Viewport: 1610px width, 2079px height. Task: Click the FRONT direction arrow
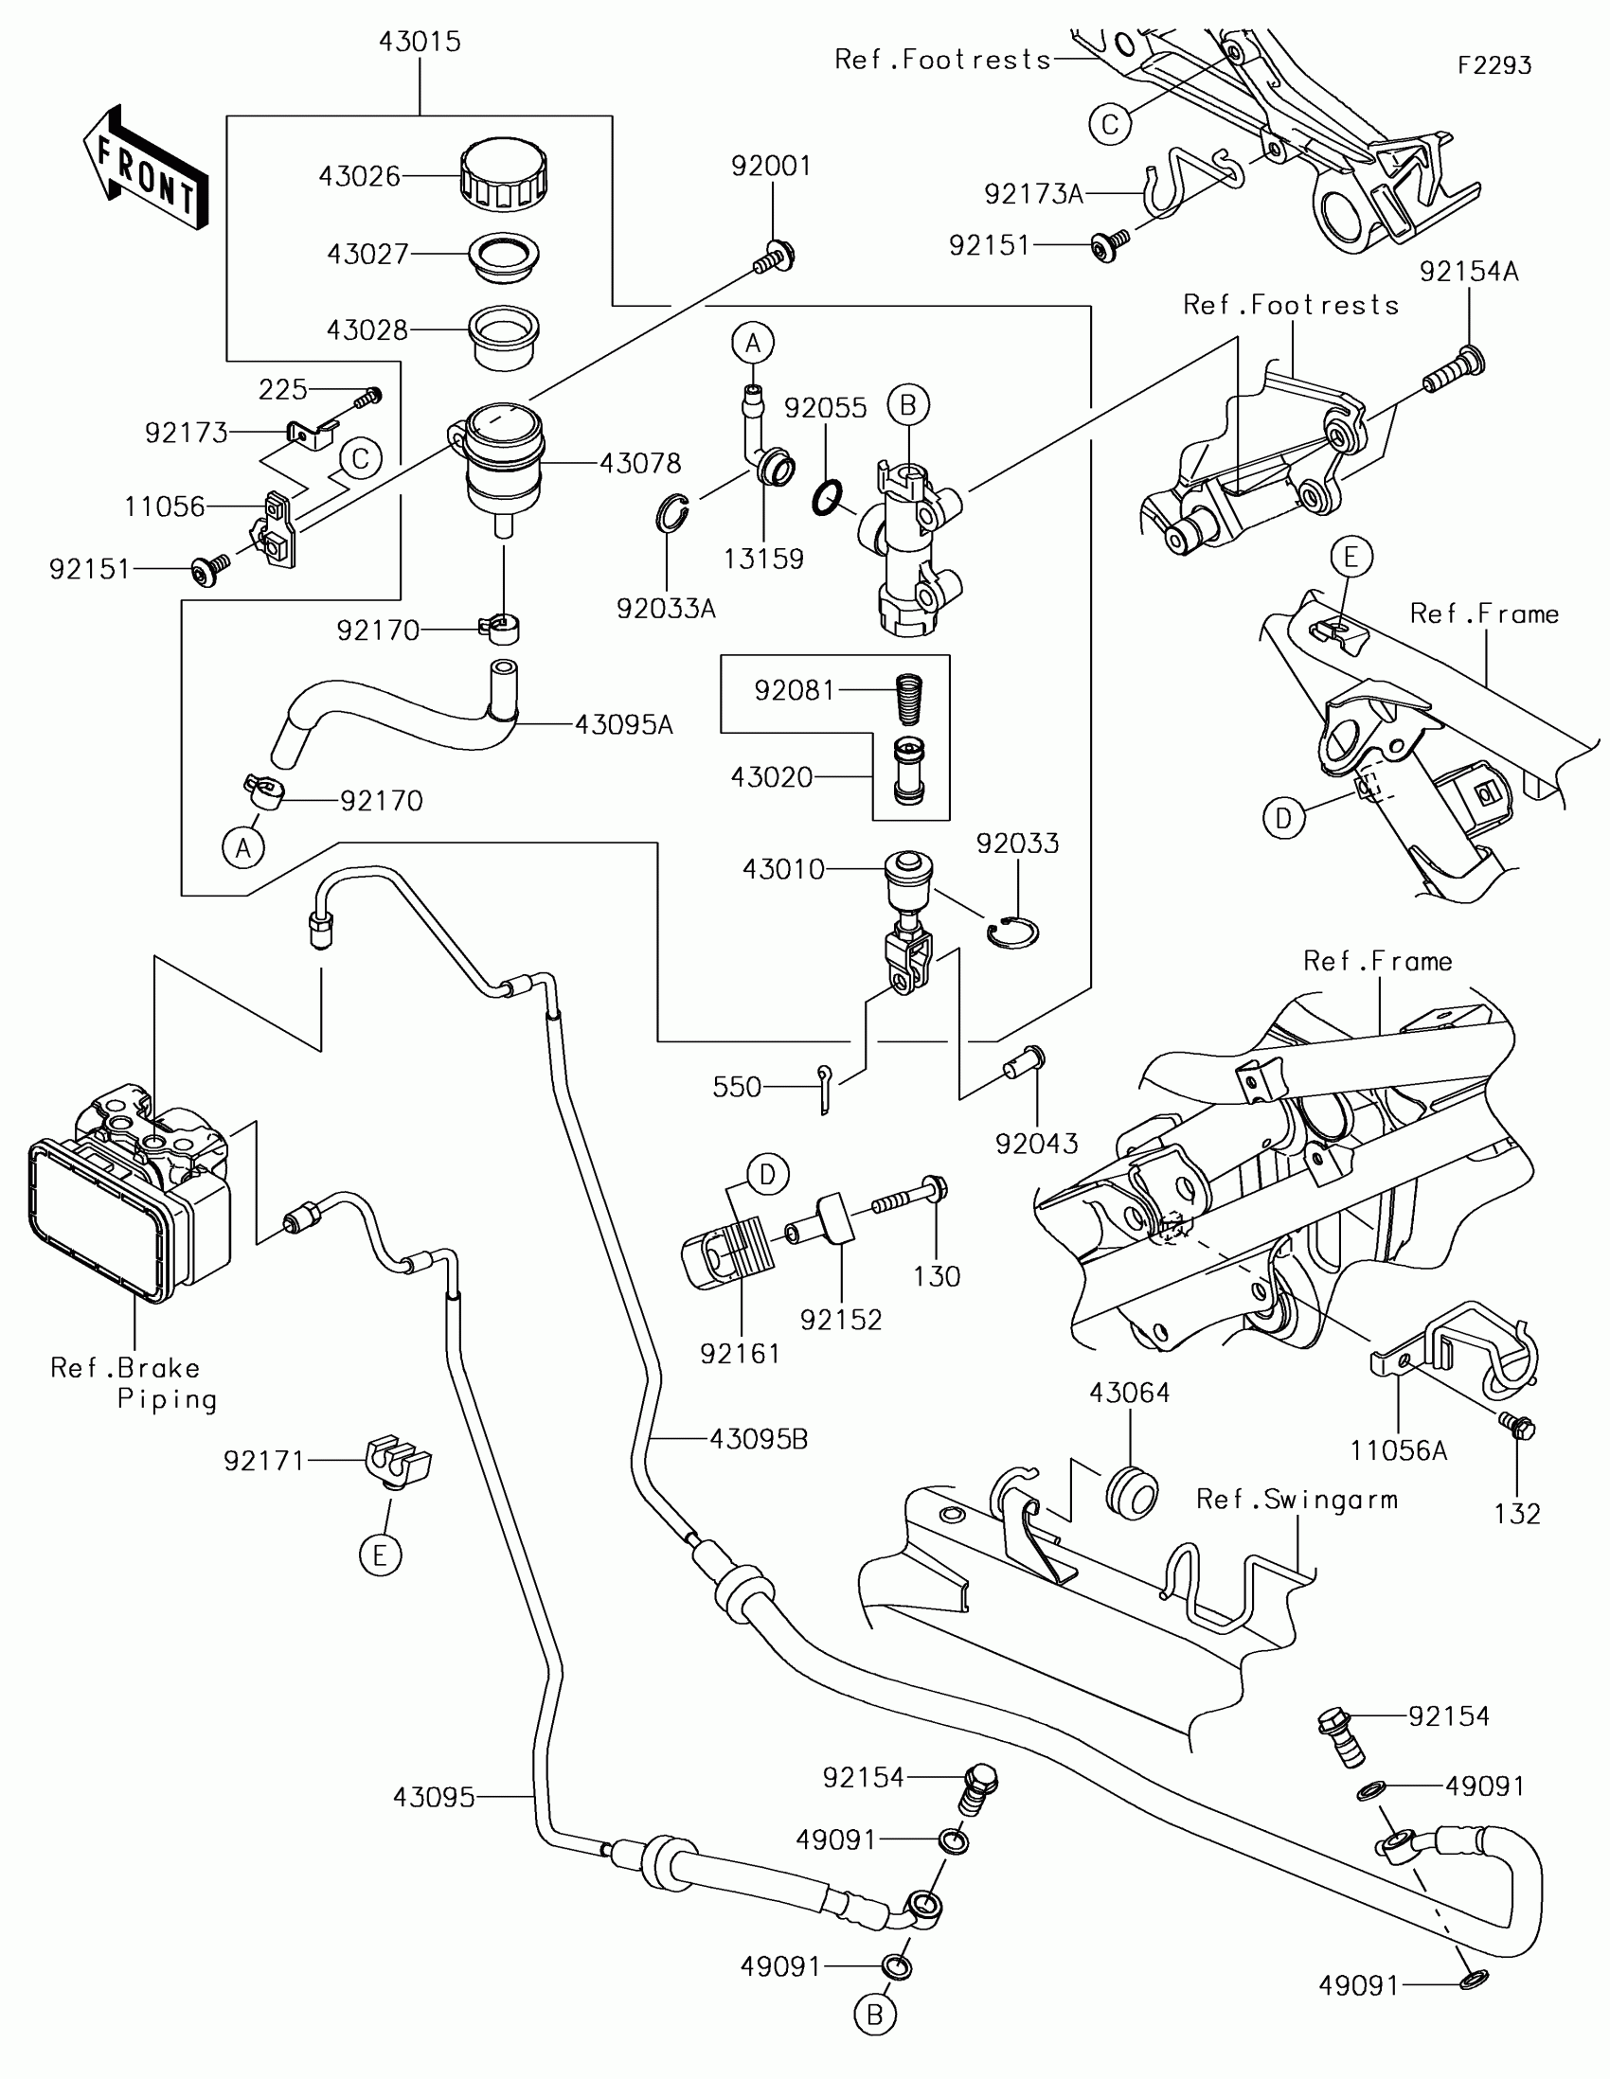pyautogui.click(x=147, y=169)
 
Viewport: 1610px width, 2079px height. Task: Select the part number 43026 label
pyautogui.click(x=359, y=177)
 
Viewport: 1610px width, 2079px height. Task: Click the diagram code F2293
pyautogui.click(x=1494, y=65)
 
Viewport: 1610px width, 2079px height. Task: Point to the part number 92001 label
pyautogui.click(x=771, y=166)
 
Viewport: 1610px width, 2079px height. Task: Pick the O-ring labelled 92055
pyautogui.click(x=828, y=497)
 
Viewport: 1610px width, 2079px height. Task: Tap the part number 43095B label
pyautogui.click(x=759, y=1439)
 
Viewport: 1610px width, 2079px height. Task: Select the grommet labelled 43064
pyautogui.click(x=1132, y=1492)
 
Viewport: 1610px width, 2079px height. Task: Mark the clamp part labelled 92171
pyautogui.click(x=398, y=1461)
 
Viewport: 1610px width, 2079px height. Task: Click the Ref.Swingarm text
pyautogui.click(x=1297, y=1501)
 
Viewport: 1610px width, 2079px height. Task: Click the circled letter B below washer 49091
pyautogui.click(x=875, y=2016)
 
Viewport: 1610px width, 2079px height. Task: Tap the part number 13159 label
pyautogui.click(x=763, y=559)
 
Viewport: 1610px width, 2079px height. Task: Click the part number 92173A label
pyautogui.click(x=1034, y=194)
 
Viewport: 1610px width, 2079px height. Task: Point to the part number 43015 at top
pyautogui.click(x=420, y=42)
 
